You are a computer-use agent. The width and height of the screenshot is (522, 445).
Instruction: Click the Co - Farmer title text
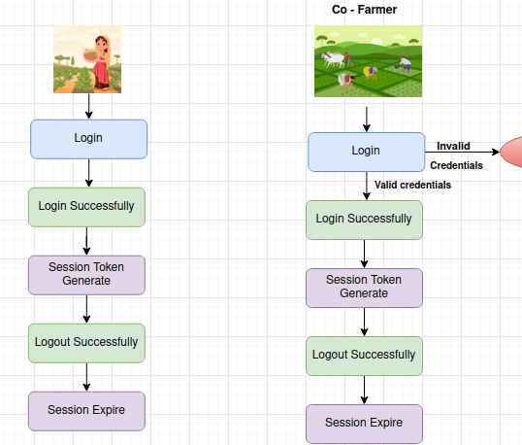click(364, 10)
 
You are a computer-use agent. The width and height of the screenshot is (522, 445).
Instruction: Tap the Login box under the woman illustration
click(88, 139)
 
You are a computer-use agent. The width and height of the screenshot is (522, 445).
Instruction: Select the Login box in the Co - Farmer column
click(366, 152)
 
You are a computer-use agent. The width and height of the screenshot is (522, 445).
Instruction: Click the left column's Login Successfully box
click(86, 207)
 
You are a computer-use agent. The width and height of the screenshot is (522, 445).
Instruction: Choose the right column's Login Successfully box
click(364, 220)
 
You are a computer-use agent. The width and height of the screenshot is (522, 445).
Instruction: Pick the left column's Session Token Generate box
click(86, 275)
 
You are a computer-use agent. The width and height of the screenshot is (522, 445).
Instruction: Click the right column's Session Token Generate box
click(364, 288)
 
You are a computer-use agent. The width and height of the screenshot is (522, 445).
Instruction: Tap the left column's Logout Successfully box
click(86, 343)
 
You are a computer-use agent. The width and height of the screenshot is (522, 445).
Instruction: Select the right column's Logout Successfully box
click(364, 356)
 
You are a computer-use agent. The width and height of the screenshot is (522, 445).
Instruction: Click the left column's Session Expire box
click(86, 411)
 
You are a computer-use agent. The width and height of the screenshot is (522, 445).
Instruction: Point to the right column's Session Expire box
click(364, 424)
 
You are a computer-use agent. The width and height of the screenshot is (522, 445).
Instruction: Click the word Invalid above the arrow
click(453, 146)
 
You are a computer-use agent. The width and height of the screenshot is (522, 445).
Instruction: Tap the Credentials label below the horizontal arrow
click(456, 165)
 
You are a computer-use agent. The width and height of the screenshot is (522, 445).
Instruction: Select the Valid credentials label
click(412, 185)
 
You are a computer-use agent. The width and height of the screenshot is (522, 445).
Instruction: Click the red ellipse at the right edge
click(511, 152)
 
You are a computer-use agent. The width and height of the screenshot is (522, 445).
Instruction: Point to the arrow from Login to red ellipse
click(463, 152)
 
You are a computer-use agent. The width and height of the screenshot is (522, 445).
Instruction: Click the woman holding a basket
click(100, 62)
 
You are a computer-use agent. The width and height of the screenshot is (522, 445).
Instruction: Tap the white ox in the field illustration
click(333, 59)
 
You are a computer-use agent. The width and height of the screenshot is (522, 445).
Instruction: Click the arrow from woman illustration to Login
click(89, 106)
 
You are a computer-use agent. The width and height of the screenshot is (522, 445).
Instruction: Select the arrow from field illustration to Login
click(367, 120)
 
